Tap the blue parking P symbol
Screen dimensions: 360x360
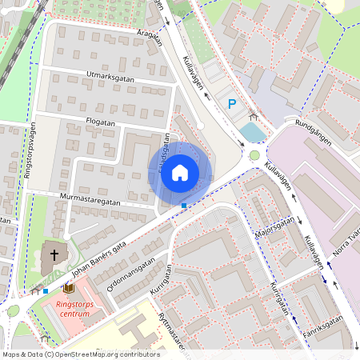click(x=232, y=103)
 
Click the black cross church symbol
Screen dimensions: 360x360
click(x=54, y=256)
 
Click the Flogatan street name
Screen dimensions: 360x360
click(x=101, y=122)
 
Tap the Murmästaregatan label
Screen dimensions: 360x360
click(x=88, y=198)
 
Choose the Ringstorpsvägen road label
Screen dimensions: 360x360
click(x=31, y=155)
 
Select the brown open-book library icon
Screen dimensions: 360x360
click(x=70, y=287)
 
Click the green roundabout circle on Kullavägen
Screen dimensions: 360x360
click(x=254, y=155)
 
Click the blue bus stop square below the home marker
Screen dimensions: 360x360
click(x=184, y=206)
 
